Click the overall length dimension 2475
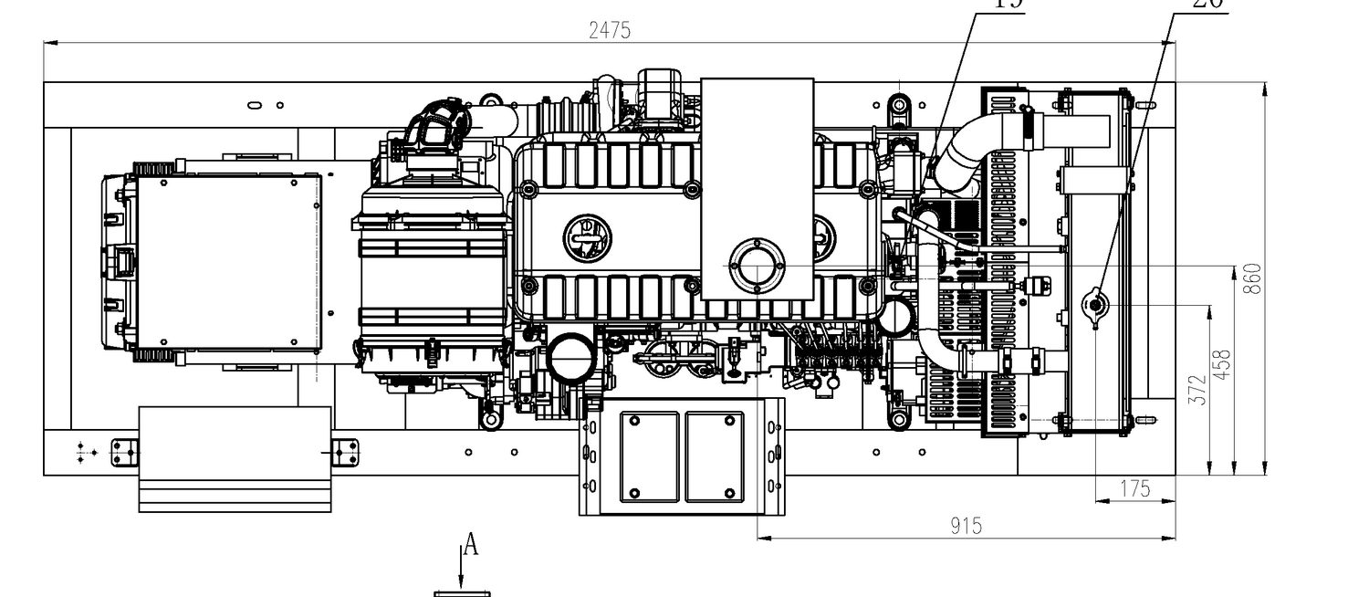pos(609,30)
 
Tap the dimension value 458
pos(1224,363)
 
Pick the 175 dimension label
pos(1134,488)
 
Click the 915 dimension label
pos(966,526)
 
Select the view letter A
pos(471,546)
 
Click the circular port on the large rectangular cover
pos(757,266)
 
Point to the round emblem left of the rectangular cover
pos(586,237)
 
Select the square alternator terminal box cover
pos(227,261)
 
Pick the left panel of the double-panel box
pos(649,456)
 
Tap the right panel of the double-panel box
pos(716,456)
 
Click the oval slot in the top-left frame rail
pos(255,105)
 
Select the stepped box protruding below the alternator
pos(235,458)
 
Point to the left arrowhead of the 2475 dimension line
pos(51,42)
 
